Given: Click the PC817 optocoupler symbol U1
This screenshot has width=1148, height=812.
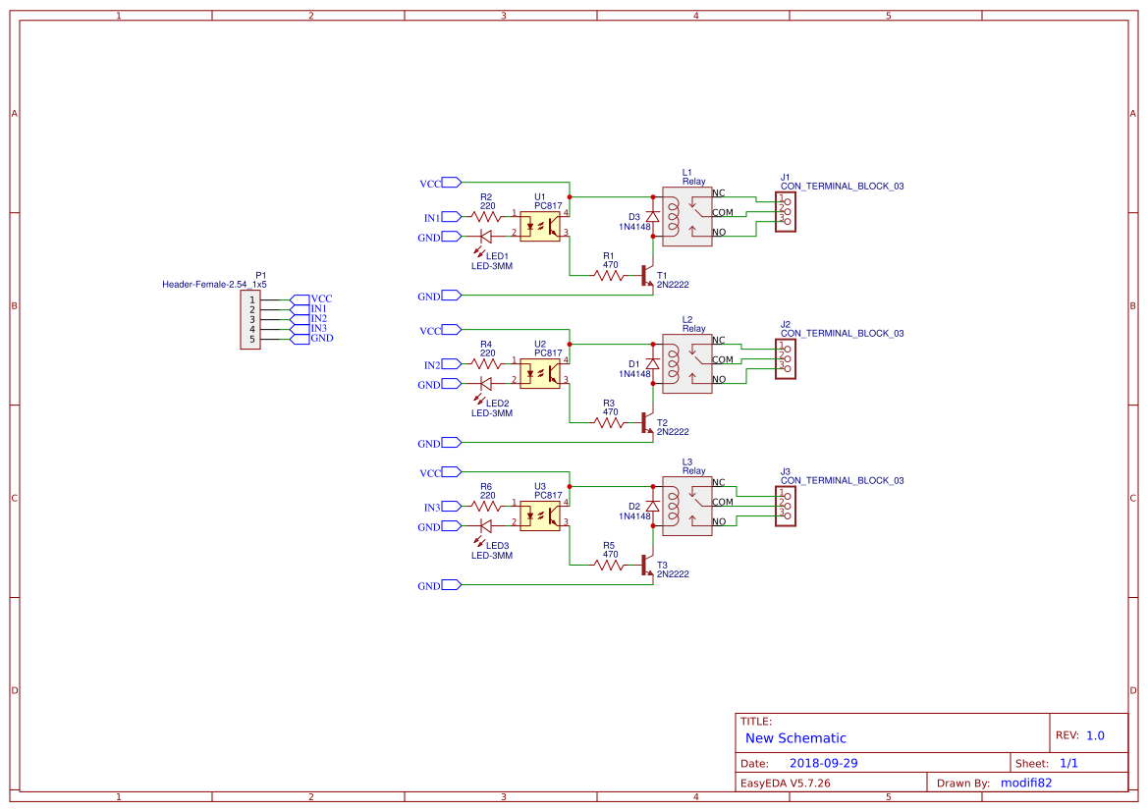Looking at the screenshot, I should coord(539,225).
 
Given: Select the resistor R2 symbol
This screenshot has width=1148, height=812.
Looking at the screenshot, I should coord(486,217).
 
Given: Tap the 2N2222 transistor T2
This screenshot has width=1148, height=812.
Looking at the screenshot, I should coord(646,422).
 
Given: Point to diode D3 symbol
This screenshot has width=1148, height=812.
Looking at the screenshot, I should coord(652,216).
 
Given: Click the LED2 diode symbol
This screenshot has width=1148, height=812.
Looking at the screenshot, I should coord(485,384).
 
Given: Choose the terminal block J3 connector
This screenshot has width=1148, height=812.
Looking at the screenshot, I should coord(786,507).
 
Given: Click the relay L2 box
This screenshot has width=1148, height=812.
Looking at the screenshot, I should coord(686,364).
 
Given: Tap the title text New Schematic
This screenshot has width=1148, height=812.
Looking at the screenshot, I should coord(795,738).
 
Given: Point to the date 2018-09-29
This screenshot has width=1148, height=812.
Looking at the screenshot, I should coord(824,763).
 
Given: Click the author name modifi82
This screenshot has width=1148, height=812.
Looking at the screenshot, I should coord(1026,783).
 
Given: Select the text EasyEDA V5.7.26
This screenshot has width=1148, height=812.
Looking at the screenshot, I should coord(785,783).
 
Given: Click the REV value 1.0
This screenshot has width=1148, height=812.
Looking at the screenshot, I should coord(1095,735).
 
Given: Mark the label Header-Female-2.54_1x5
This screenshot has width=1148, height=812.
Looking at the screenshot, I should coord(214,285).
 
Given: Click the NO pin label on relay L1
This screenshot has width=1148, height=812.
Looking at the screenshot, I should coord(719,233).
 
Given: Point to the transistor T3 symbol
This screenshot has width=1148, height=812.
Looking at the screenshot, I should coord(646,565).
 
